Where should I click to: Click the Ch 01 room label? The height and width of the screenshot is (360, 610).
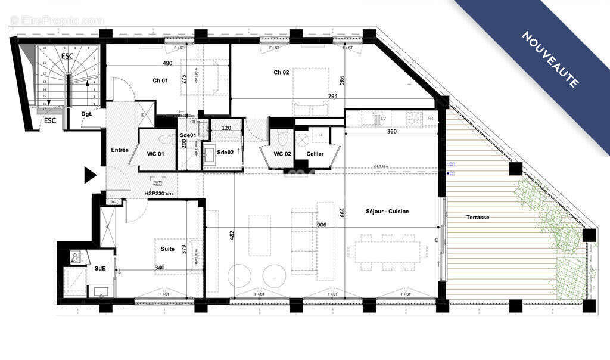pyautogui.click(x=160, y=80)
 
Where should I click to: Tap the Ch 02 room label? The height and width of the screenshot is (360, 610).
pyautogui.click(x=281, y=73)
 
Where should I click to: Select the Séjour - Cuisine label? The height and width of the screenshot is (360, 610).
pyautogui.click(x=387, y=212)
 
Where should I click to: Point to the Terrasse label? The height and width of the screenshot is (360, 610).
pyautogui.click(x=477, y=218)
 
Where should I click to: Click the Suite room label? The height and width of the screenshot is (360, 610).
pyautogui.click(x=167, y=249)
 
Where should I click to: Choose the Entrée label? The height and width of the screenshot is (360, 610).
pyautogui.click(x=119, y=150)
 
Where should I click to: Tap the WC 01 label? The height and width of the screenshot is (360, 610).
pyautogui.click(x=155, y=154)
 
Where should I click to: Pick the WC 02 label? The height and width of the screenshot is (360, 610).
pyautogui.click(x=282, y=154)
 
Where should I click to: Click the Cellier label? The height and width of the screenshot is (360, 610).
pyautogui.click(x=315, y=154)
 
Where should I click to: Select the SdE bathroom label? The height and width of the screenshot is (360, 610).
pyautogui.click(x=100, y=268)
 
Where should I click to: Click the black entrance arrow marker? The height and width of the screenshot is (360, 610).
pyautogui.click(x=90, y=175)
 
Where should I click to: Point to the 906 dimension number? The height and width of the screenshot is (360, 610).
pyautogui.click(x=322, y=225)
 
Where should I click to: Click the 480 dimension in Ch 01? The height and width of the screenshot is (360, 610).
pyautogui.click(x=167, y=64)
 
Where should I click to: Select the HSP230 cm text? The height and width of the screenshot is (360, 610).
pyautogui.click(x=159, y=194)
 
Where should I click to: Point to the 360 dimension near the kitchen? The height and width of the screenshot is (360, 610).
pyautogui.click(x=391, y=131)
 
